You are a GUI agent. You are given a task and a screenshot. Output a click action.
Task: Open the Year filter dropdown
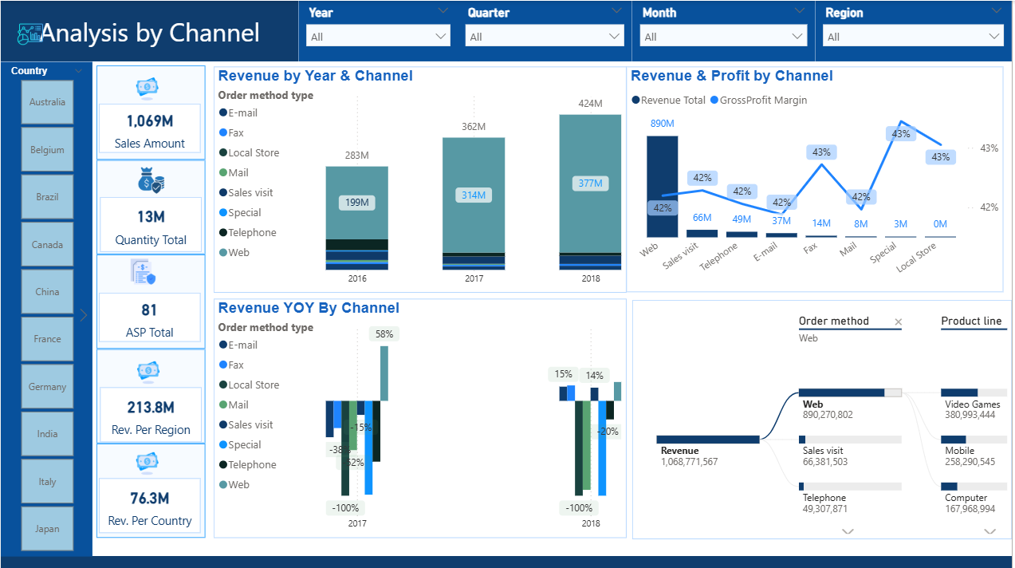tap(378, 36)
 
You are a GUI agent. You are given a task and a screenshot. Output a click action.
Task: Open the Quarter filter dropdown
tap(545, 36)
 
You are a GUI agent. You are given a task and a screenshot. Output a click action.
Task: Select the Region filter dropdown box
tap(914, 36)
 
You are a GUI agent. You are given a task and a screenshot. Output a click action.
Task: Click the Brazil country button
tap(47, 197)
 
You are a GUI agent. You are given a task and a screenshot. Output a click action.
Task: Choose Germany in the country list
tap(47, 387)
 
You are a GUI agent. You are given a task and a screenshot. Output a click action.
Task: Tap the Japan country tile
tap(47, 529)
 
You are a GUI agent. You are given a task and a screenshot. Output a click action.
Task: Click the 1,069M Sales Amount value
tap(150, 121)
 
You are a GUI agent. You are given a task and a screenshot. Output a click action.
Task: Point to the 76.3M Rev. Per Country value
tap(150, 499)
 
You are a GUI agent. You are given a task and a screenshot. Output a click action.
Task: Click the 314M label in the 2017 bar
tap(474, 195)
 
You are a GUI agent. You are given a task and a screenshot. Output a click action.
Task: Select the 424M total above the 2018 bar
tap(591, 103)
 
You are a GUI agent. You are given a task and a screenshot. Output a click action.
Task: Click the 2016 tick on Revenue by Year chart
tap(357, 278)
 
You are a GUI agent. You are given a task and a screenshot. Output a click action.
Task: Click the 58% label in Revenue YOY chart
tap(384, 334)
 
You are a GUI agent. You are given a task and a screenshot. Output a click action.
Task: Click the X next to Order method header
tap(898, 322)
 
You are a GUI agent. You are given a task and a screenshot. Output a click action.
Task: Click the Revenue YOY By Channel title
tap(309, 308)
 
